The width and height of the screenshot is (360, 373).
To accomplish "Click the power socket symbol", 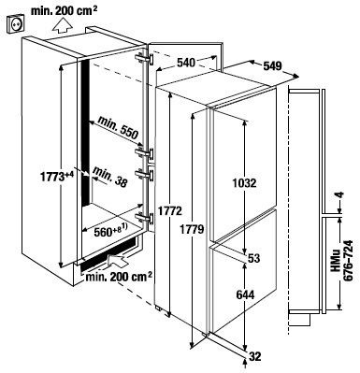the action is (x=14, y=24).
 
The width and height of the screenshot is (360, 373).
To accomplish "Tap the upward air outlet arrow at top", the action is (x=61, y=25).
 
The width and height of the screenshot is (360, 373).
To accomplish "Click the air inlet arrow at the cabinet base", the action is (x=118, y=260).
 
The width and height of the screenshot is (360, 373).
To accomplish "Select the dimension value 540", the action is (x=186, y=63).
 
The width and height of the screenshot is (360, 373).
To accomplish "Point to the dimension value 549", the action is (x=273, y=66).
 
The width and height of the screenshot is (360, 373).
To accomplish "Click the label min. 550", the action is (x=118, y=127).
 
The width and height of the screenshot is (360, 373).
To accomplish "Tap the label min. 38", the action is (x=110, y=177).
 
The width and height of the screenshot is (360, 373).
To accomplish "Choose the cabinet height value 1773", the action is (x=52, y=177).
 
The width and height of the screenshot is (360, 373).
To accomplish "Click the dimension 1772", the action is (x=169, y=211).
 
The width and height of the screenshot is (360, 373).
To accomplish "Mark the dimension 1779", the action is (x=192, y=230).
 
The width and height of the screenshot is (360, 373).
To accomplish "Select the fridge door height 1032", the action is (x=244, y=183).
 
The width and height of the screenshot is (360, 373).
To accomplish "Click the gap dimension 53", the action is (x=254, y=258).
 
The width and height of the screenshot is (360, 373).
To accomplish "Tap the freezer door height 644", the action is (x=245, y=294).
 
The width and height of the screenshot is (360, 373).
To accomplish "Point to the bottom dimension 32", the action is (x=254, y=356).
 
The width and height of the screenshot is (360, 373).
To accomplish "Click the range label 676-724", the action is (x=348, y=261).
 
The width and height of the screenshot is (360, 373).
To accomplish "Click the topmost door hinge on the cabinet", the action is (x=145, y=58).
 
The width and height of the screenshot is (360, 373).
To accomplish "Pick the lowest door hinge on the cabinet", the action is (x=145, y=218).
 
